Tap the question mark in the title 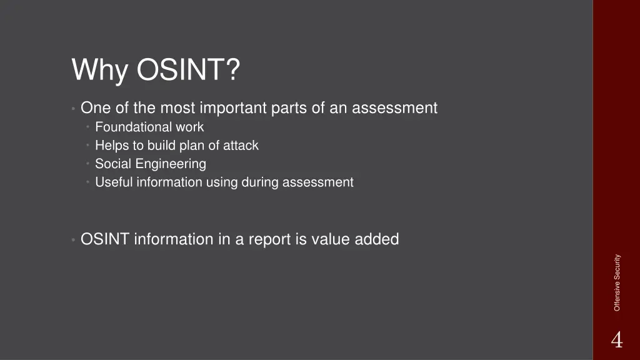(232, 69)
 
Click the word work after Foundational (189, 127)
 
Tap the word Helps (111, 146)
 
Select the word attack (241, 146)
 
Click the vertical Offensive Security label (617, 282)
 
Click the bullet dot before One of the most (74, 109)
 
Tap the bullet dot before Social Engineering (89, 164)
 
